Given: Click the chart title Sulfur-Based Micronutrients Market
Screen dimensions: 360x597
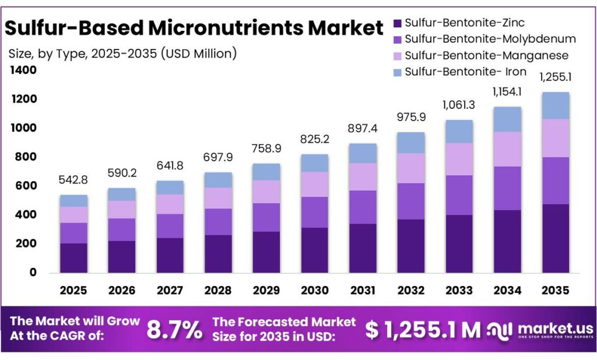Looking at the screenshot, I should tap(194, 27).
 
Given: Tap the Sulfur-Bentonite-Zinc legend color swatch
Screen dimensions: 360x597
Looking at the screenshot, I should tap(398, 23).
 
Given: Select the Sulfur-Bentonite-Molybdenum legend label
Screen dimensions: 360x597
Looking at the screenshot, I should tap(490, 39).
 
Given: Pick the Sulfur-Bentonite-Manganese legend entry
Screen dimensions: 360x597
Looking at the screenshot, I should tap(486, 55).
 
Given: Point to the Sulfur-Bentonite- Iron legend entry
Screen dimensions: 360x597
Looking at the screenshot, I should tap(465, 72).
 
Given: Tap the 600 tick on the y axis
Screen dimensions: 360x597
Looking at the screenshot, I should tap(27, 186).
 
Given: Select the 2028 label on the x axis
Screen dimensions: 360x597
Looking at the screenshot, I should tap(217, 290).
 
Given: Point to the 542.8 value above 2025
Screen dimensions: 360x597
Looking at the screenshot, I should tap(73, 181).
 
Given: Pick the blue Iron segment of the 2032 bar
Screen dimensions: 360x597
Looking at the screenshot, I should tap(410, 143).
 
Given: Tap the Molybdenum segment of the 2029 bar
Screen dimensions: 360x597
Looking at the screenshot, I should tap(266, 217).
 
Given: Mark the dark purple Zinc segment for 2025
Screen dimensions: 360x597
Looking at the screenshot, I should tap(73, 257).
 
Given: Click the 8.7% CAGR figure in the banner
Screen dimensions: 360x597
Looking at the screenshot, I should tap(174, 330).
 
